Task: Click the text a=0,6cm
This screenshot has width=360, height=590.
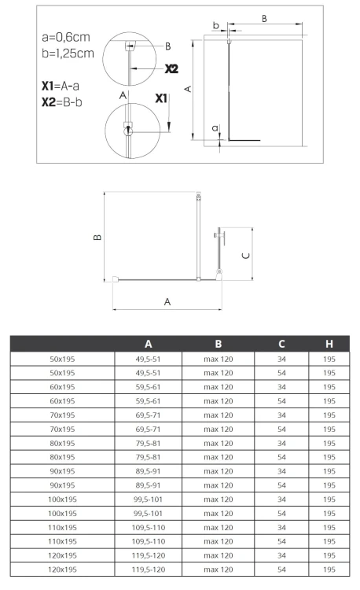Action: pyautogui.click(x=66, y=37)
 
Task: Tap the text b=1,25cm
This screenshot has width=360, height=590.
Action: pyautogui.click(x=68, y=53)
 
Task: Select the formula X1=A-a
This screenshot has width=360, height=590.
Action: pyautogui.click(x=60, y=86)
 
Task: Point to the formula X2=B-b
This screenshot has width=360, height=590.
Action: pyautogui.click(x=61, y=102)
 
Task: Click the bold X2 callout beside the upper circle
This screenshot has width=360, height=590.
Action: pyautogui.click(x=171, y=69)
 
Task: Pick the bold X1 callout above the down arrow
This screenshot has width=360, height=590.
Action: pyautogui.click(x=161, y=98)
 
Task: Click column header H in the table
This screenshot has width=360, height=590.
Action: pyautogui.click(x=329, y=344)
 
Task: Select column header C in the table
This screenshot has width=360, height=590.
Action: pyautogui.click(x=281, y=344)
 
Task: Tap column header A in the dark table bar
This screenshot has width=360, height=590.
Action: pyautogui.click(x=149, y=344)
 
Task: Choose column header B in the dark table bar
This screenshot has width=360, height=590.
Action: pyautogui.click(x=219, y=344)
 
